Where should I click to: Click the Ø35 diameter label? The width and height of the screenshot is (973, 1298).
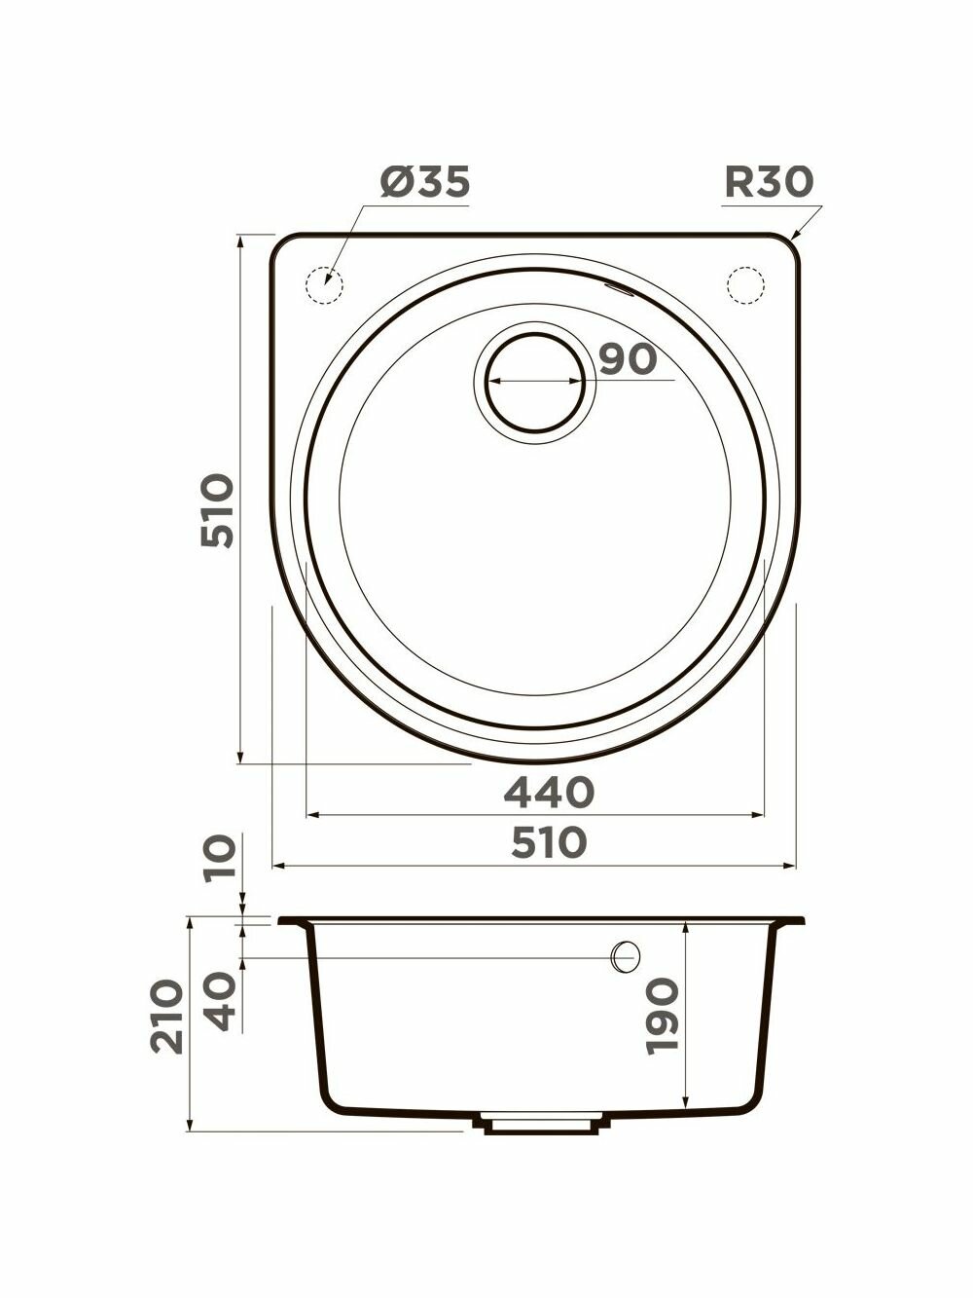point(425,181)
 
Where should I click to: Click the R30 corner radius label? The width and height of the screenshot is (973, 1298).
point(770,181)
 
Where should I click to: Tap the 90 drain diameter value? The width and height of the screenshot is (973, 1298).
point(628,359)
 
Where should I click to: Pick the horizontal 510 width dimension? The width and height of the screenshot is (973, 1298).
point(549,842)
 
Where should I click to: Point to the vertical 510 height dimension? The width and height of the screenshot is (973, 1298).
point(217,510)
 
